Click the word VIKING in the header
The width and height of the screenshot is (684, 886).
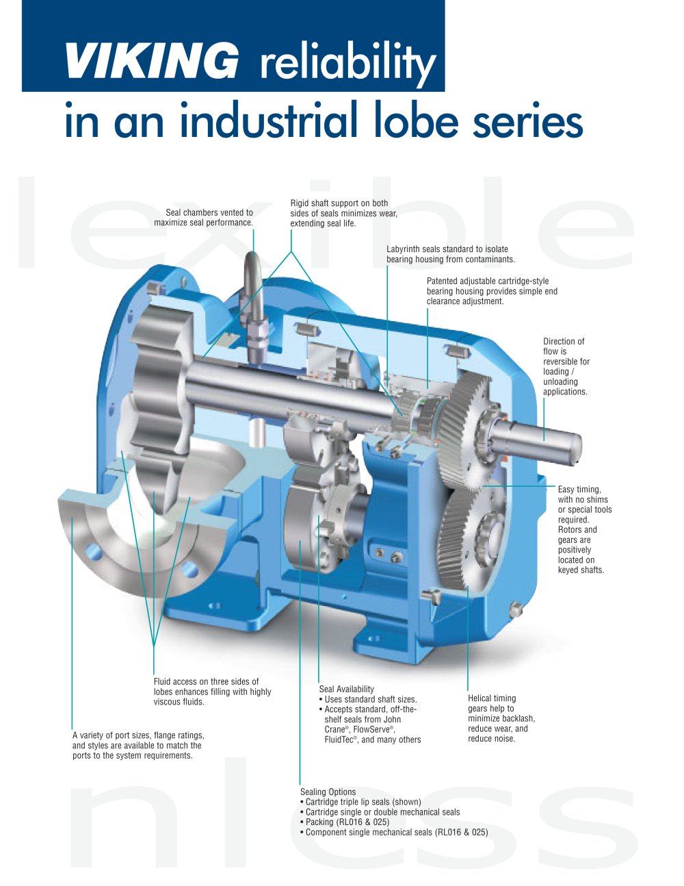click(151, 60)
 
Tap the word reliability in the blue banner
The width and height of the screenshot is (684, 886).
click(348, 64)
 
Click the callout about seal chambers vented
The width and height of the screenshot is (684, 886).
click(203, 217)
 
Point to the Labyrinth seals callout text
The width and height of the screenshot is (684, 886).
click(451, 254)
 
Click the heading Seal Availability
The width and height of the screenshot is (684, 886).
click(347, 689)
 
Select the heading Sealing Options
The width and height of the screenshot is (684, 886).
click(328, 792)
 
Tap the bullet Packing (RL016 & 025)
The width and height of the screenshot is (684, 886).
click(345, 822)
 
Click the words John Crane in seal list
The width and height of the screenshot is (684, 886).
click(363, 724)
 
